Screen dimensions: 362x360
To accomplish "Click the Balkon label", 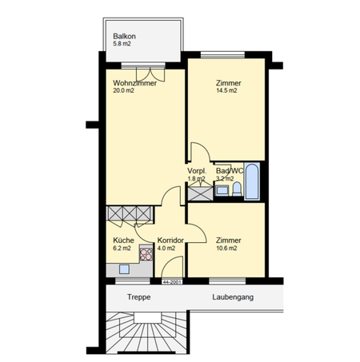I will (x=124, y=37).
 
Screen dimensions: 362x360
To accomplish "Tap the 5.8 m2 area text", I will (x=125, y=46).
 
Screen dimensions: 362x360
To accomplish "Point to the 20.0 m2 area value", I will (x=124, y=90).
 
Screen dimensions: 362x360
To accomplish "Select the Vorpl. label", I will (x=197, y=170).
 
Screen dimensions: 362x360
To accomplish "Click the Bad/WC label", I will (x=230, y=170).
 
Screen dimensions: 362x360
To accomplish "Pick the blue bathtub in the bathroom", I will (x=252, y=183).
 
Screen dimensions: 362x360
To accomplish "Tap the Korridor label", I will (x=171, y=240).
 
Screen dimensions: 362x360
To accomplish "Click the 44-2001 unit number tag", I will (x=171, y=282).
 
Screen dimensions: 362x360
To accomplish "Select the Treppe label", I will (x=138, y=297).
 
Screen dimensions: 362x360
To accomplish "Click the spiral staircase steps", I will (x=148, y=332).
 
